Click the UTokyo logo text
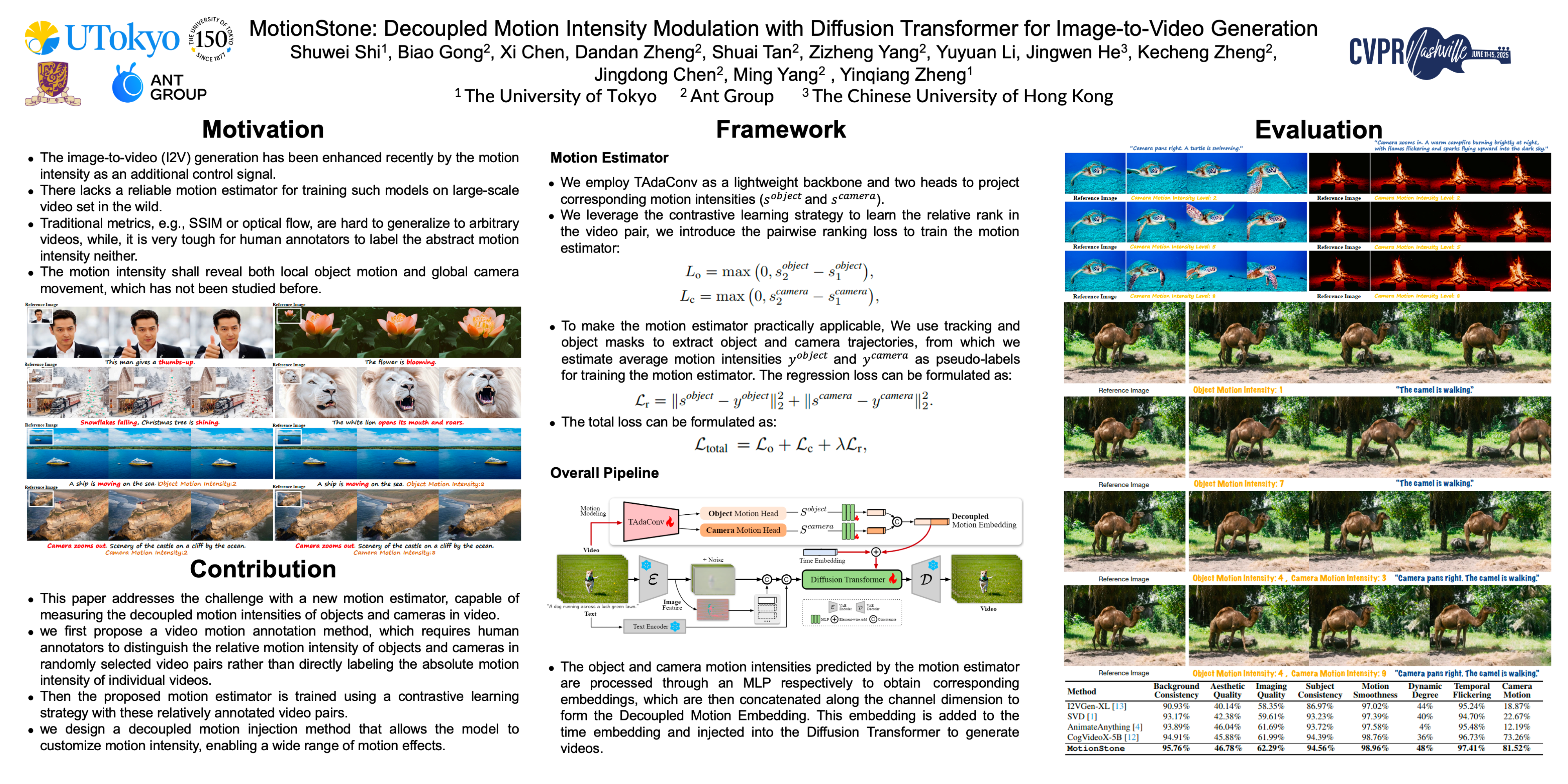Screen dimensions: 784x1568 [122, 38]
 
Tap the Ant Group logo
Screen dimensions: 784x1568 [160, 85]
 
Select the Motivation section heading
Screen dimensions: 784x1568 [263, 130]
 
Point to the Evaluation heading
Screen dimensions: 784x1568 [1318, 130]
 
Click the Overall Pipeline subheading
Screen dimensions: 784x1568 [604, 473]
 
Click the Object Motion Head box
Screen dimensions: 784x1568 [742, 513]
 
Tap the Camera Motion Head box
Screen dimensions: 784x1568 [742, 530]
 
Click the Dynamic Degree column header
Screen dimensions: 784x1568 [1425, 690]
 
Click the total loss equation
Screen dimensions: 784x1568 [780, 446]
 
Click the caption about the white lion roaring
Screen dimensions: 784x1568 [397, 423]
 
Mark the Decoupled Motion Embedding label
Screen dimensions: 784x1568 [984, 521]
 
